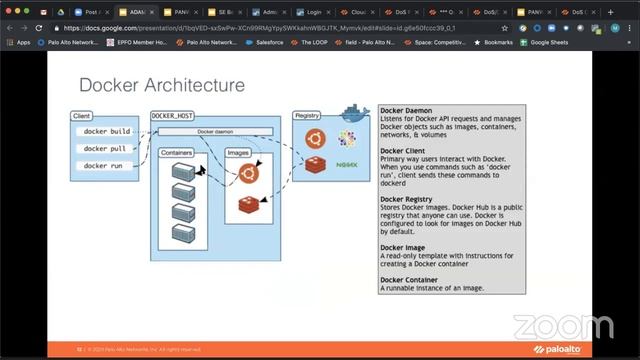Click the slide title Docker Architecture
pyautogui.click(x=161, y=85)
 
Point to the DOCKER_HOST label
pyautogui.click(x=171, y=116)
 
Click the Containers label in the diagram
pyautogui.click(x=177, y=153)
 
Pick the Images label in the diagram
pyautogui.click(x=239, y=153)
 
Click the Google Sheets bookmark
pyautogui.click(x=552, y=42)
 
